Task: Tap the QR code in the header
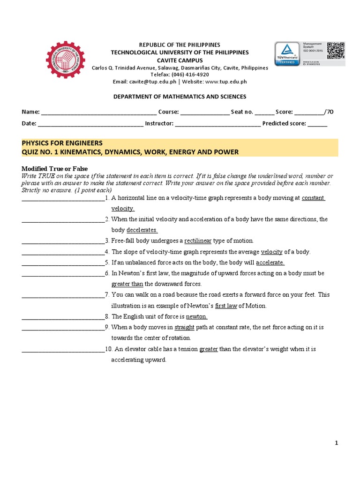point(336,50)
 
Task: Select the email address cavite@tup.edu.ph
point(151,82)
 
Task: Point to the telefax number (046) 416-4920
point(190,75)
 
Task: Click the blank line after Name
point(99,112)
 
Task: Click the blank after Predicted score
point(317,124)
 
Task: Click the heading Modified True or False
point(55,169)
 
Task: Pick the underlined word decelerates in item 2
point(142,230)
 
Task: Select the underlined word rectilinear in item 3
point(198,241)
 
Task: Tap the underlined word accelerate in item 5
point(270,262)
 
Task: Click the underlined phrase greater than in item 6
point(127,284)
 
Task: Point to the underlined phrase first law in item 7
point(226,306)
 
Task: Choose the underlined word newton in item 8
point(197,316)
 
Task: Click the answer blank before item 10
point(63,350)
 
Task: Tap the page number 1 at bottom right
point(336,443)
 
